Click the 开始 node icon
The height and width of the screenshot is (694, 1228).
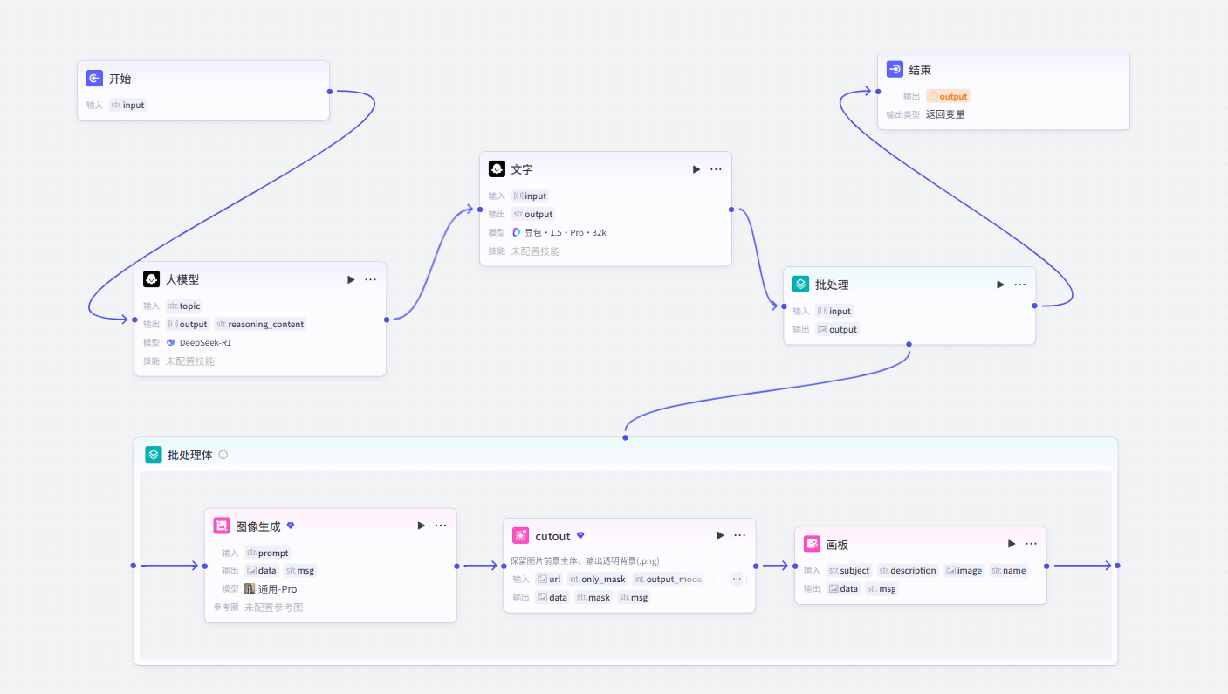pyautogui.click(x=94, y=79)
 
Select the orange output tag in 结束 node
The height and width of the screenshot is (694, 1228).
pyautogui.click(x=948, y=97)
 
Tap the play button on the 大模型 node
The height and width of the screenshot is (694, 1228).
pyautogui.click(x=351, y=279)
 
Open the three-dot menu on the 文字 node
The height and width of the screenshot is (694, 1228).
pyautogui.click(x=716, y=169)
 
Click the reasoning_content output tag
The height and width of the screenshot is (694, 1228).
pyautogui.click(x=260, y=324)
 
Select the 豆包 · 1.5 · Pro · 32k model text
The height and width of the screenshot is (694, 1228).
pyautogui.click(x=566, y=232)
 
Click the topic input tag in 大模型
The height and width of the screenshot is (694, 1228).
pyautogui.click(x=184, y=306)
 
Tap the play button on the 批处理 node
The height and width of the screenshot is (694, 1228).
pyautogui.click(x=1000, y=285)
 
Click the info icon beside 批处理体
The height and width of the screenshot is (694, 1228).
pyautogui.click(x=223, y=455)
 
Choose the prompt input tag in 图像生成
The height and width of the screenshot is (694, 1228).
pyautogui.click(x=268, y=553)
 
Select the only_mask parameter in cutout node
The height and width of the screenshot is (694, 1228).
pyautogui.click(x=598, y=579)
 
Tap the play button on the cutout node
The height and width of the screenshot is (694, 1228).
pyautogui.click(x=720, y=535)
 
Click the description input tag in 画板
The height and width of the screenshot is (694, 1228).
pyautogui.click(x=908, y=570)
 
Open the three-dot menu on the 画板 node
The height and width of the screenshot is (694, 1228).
pyautogui.click(x=1032, y=544)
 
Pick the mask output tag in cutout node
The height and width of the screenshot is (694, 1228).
pyautogui.click(x=593, y=597)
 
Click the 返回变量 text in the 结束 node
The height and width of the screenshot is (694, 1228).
pyautogui.click(x=945, y=114)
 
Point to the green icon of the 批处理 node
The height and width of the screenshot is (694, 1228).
pyautogui.click(x=801, y=284)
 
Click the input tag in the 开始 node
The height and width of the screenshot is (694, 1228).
pyautogui.click(x=127, y=106)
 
